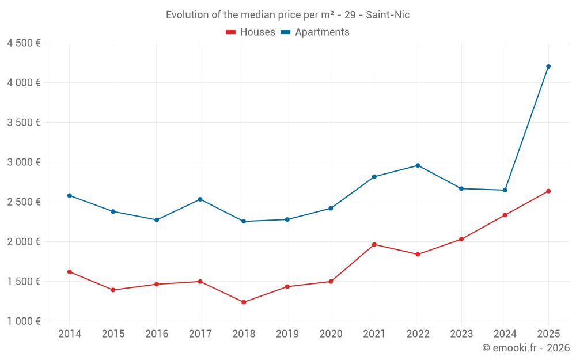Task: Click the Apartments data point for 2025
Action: [x=548, y=66]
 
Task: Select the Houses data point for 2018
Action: [x=244, y=302]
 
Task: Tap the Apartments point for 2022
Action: [x=418, y=165]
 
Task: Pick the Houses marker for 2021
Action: [x=374, y=244]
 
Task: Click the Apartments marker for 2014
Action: [x=70, y=195]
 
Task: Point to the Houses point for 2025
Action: [x=548, y=191]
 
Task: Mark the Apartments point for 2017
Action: [x=200, y=199]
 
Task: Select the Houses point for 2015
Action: [x=113, y=290]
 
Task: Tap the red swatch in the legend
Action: [x=230, y=32]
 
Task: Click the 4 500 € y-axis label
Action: [x=24, y=43]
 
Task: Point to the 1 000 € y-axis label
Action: [x=24, y=321]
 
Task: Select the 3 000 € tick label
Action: [x=24, y=162]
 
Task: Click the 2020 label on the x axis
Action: [x=331, y=334]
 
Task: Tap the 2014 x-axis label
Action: [x=70, y=334]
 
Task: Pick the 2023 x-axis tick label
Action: [x=461, y=334]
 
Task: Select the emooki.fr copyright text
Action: [x=525, y=348]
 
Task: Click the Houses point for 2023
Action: [x=461, y=239]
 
